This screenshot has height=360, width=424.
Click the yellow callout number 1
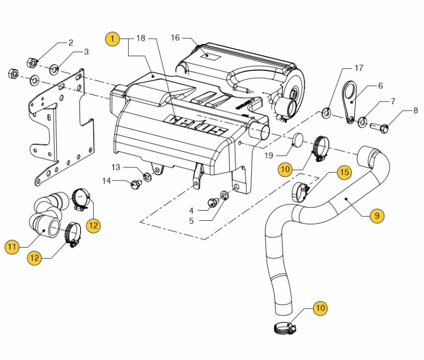pos(112,39)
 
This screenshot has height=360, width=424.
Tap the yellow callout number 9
pos(377,216)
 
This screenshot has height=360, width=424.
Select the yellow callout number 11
pos(12,247)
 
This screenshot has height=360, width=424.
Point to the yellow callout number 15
pos(344,172)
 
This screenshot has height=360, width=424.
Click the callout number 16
pos(175,38)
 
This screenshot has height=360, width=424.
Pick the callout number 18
pos(141,38)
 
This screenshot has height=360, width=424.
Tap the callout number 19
pos(269,156)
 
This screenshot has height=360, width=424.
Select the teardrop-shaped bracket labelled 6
pos(349,101)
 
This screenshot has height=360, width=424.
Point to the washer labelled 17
pos(326,113)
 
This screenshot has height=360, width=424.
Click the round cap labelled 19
pos(298,139)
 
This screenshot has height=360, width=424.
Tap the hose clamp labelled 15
pos(300,192)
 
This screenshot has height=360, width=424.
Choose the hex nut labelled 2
pos(32,63)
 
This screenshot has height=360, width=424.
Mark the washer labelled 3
pos(54,70)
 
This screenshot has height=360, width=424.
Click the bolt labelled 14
pos(136,184)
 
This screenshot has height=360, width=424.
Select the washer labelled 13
pos(147,177)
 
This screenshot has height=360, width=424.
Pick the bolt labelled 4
pos(214,203)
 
